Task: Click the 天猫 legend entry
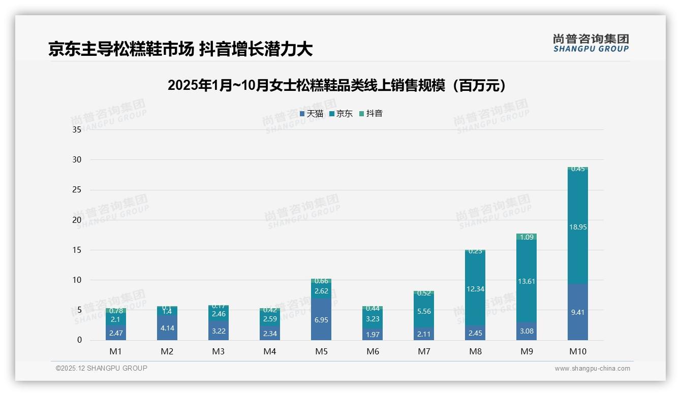coord(312,114)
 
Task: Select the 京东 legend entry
coord(341,114)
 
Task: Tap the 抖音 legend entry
coord(371,114)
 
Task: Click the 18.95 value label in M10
coord(578,227)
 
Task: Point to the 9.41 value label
coord(578,312)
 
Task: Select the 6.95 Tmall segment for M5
coord(321,320)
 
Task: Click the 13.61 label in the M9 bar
coord(527,281)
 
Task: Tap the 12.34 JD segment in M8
coord(475,289)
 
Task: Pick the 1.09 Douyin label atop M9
coord(527,237)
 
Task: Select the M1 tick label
coord(116,351)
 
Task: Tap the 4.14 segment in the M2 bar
coord(167,328)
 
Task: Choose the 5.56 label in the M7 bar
coord(424,312)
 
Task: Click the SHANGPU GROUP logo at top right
coord(591,43)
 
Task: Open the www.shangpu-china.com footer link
coord(592,369)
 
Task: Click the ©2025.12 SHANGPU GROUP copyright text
coord(102,368)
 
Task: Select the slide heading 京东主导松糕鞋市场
coord(121,49)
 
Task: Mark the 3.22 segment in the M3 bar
coord(219,331)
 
